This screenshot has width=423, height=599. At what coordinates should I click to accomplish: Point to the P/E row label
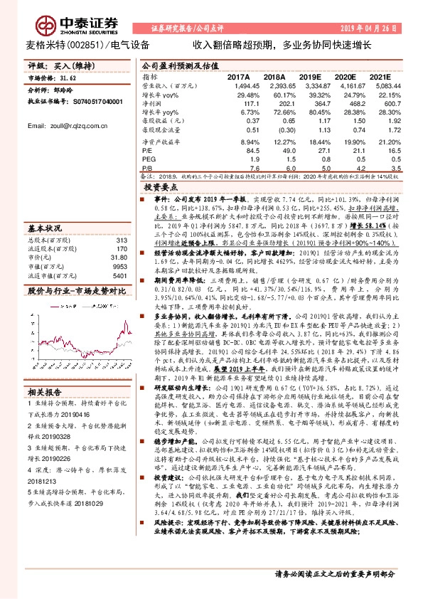pyautogui.click(x=148, y=151)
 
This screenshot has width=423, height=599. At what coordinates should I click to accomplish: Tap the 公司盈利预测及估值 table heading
pyautogui.click(x=180, y=64)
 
